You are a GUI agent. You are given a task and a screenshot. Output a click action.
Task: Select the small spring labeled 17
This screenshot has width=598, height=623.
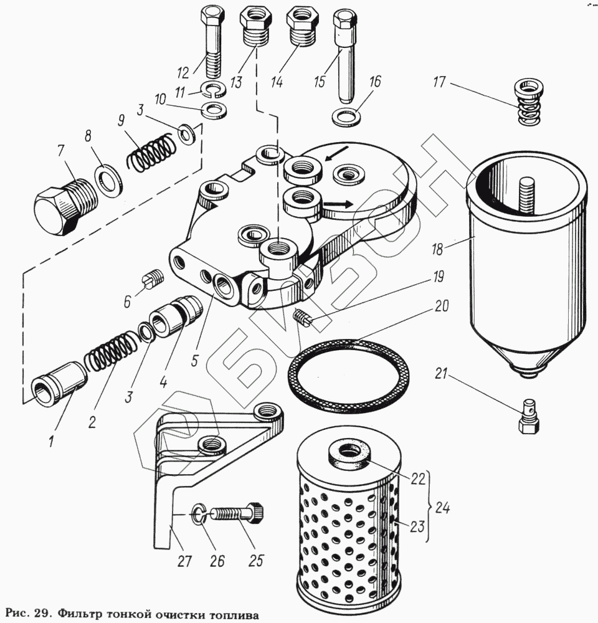coord(528,102)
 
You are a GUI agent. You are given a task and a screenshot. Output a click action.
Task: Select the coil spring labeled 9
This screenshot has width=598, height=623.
coord(153,152)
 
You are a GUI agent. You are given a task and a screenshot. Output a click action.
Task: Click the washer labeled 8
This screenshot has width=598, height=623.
coord(110,181)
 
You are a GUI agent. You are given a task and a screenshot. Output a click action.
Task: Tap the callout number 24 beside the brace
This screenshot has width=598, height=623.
coord(442,508)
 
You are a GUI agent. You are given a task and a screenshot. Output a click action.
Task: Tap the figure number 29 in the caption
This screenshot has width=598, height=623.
coord(42,612)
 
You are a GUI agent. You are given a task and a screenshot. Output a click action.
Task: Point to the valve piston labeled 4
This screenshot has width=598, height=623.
coord(177,315)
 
